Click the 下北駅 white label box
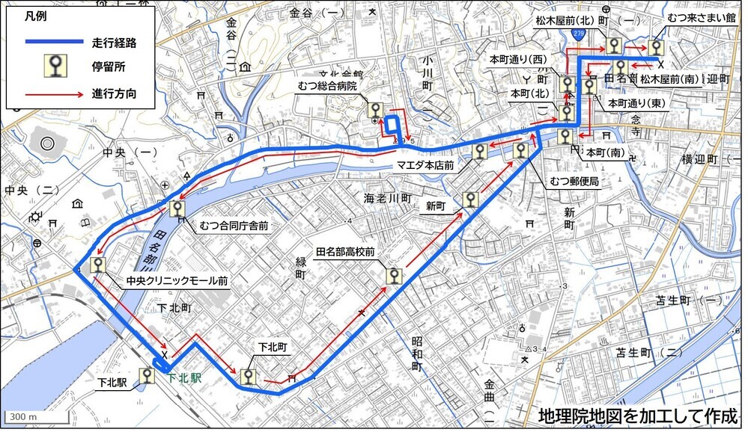pyautogui.click(x=112, y=382)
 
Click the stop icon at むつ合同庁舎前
pyautogui.click(x=177, y=209)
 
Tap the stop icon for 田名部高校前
pyautogui.click(x=393, y=277)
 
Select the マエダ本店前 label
pyautogui.click(x=425, y=165)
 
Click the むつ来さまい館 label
pyautogui.click(x=696, y=16)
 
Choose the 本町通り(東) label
pyautogui.click(x=636, y=102)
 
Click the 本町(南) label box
pyautogui.click(x=605, y=152)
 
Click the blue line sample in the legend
pyautogui.click(x=53, y=42)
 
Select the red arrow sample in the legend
pyautogui.click(x=53, y=94)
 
